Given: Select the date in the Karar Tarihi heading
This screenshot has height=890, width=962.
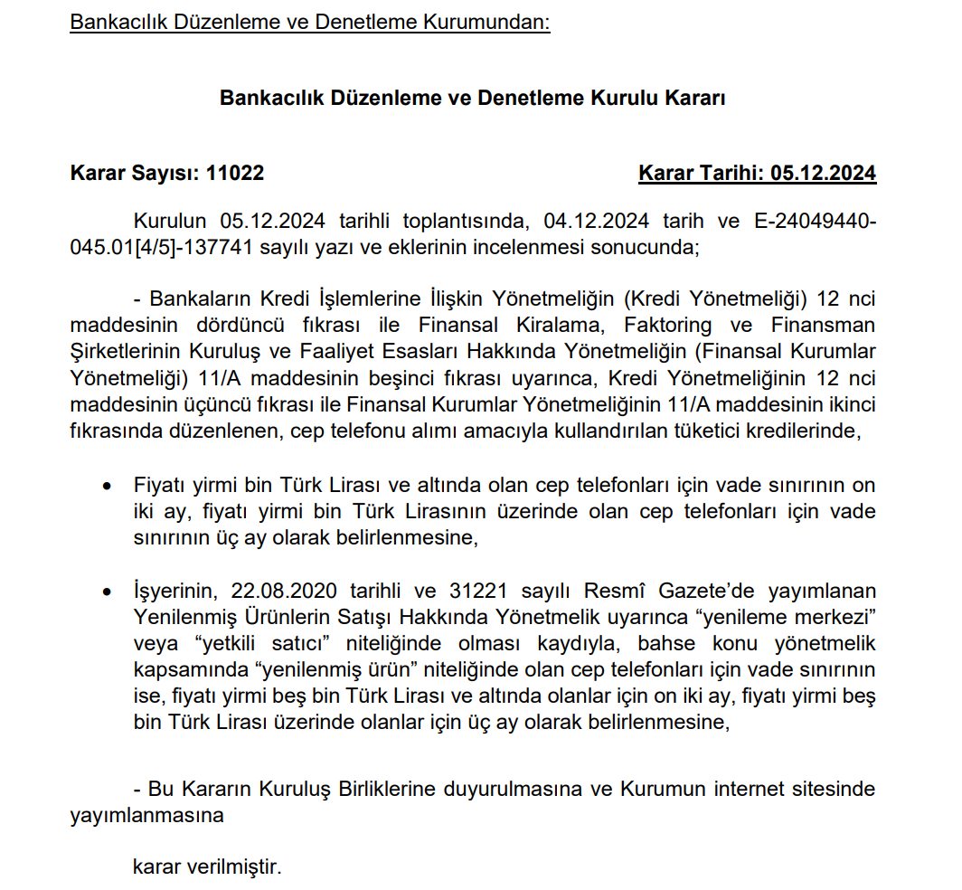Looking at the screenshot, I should pyautogui.click(x=823, y=173).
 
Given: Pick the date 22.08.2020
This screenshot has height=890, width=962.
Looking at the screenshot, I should pyautogui.click(x=281, y=592).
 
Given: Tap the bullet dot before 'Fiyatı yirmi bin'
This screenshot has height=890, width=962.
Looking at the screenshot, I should pyautogui.click(x=108, y=487).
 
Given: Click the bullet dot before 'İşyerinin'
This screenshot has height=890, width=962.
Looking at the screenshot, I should pyautogui.click(x=108, y=592).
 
